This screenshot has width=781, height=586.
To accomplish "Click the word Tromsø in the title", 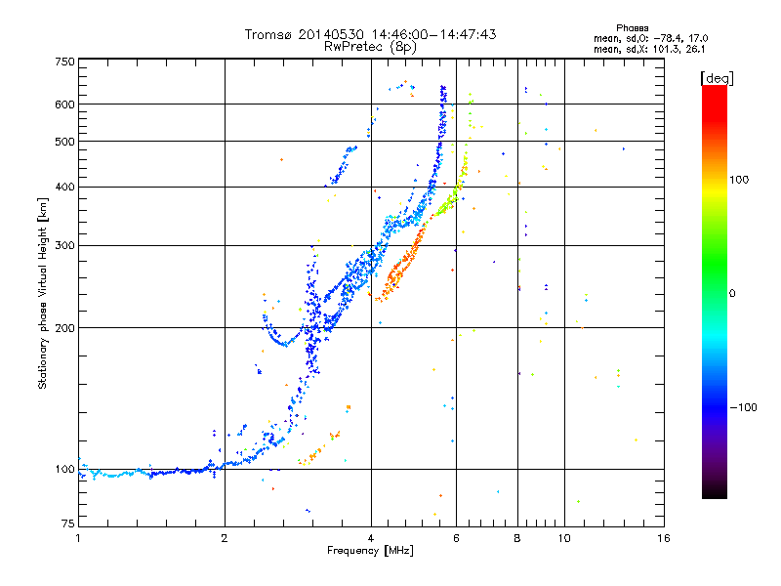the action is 268,34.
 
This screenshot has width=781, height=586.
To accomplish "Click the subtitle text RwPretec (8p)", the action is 370,47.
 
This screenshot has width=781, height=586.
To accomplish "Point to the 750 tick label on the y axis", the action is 64,62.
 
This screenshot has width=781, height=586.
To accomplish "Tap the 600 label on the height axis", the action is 64,105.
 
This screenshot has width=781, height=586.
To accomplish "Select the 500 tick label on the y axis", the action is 64,142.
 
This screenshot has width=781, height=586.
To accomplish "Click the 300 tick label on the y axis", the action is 64,246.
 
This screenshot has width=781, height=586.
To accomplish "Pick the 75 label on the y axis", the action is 68,523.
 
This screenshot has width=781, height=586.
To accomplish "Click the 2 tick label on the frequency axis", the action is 225,538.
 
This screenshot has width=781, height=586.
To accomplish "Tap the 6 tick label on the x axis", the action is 456,538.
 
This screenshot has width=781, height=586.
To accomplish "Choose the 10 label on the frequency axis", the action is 564,538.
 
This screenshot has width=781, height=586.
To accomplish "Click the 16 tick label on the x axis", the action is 664,538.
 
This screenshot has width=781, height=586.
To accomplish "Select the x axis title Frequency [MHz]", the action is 370,551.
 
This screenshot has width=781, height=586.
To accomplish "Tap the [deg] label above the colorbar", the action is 717,78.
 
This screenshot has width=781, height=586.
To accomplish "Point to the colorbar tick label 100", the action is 739,180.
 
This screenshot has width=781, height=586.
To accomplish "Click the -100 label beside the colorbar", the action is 743,407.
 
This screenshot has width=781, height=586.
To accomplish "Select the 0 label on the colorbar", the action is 732,294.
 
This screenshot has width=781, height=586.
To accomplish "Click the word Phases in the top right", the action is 632,28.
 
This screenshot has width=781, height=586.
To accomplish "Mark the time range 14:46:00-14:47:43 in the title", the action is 433,34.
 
